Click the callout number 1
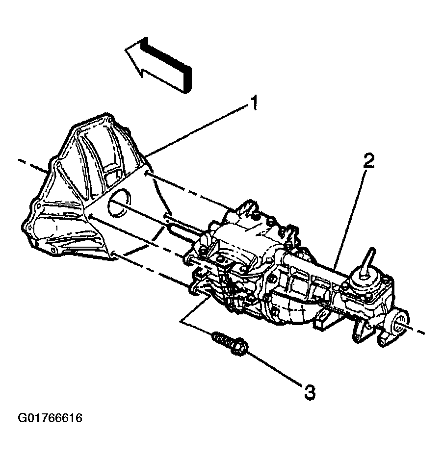click(x=254, y=103)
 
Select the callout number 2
click(x=368, y=161)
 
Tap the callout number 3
click(x=310, y=392)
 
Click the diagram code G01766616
click(x=50, y=418)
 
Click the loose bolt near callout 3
click(x=231, y=345)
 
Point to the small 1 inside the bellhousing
click(x=57, y=228)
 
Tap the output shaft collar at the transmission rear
click(x=400, y=323)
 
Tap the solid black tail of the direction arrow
click(x=166, y=65)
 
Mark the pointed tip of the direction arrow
click(x=126, y=50)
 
